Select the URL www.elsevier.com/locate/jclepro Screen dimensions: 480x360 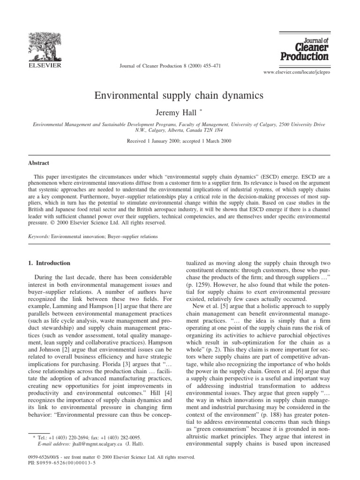tap(305, 74)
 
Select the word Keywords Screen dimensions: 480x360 tap(38, 237)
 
